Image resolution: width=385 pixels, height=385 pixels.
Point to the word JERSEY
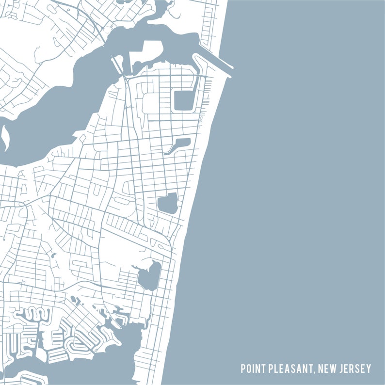356,369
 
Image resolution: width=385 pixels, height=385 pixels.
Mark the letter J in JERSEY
342,369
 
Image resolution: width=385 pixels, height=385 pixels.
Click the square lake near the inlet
183,100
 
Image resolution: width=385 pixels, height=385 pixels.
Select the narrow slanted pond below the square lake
177,145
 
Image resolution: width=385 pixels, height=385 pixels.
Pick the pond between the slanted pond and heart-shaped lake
167,203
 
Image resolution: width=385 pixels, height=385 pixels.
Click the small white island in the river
5,139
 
